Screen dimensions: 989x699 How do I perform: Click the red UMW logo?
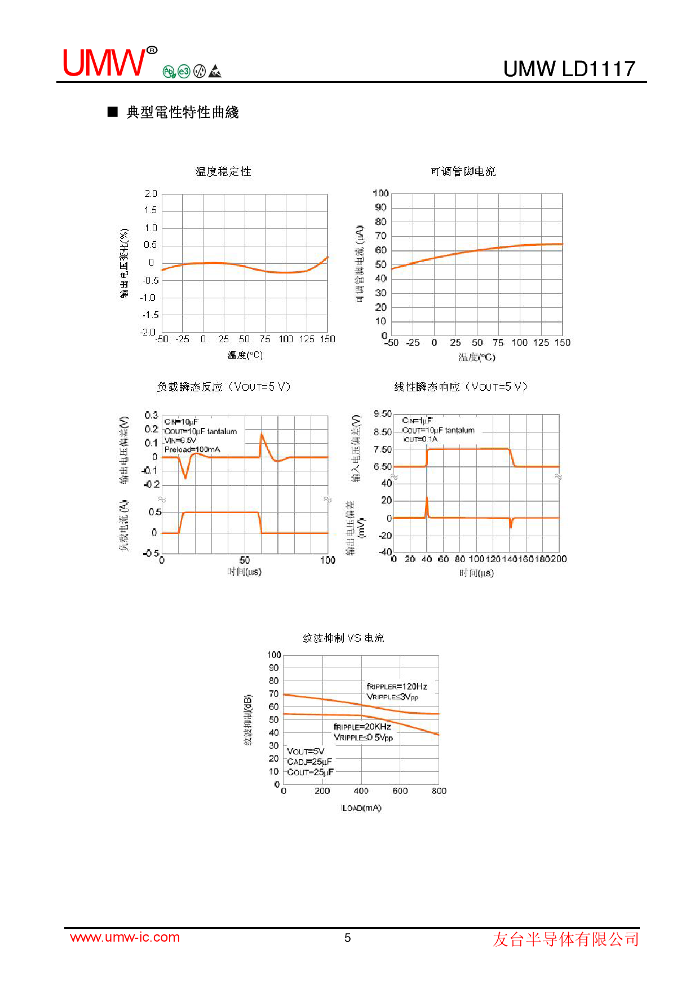(x=104, y=63)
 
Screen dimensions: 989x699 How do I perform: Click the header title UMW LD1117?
(x=569, y=69)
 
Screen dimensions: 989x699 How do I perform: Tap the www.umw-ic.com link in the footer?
(x=125, y=937)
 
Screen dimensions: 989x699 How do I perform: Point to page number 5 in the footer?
(x=348, y=938)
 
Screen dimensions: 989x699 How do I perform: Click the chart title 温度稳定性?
(x=223, y=171)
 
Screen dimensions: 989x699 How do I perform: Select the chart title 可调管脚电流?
(x=463, y=171)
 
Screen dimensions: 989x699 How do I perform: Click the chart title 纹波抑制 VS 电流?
(x=343, y=638)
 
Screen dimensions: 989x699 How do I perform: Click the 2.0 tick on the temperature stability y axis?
(x=151, y=193)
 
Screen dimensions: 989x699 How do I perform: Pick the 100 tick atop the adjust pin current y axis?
(x=381, y=193)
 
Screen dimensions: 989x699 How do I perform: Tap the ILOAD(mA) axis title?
(x=361, y=808)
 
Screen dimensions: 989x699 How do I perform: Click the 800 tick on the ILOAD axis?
(x=439, y=791)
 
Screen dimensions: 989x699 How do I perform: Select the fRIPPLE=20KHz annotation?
(x=362, y=727)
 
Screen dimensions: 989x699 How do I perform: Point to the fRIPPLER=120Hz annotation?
(x=397, y=686)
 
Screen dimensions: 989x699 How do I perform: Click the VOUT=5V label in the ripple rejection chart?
(x=306, y=751)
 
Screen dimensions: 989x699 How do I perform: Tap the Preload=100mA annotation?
(x=192, y=449)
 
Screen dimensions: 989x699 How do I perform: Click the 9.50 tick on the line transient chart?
(x=383, y=414)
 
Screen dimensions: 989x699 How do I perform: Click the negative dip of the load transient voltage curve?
(x=185, y=477)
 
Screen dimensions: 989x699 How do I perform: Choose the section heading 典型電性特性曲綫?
(x=182, y=112)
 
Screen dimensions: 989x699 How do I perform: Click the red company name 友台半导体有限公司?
(x=566, y=939)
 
